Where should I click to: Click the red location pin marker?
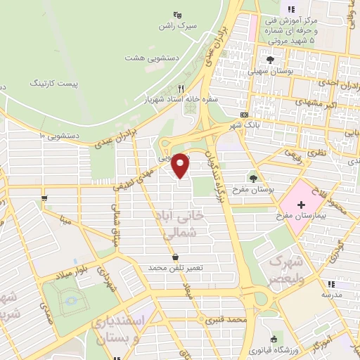(181, 165)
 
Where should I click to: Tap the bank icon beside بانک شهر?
(244, 115)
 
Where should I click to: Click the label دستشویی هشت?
(151, 56)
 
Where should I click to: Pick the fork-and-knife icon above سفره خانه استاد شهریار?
(181, 89)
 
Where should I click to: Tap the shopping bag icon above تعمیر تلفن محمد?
(174, 257)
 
